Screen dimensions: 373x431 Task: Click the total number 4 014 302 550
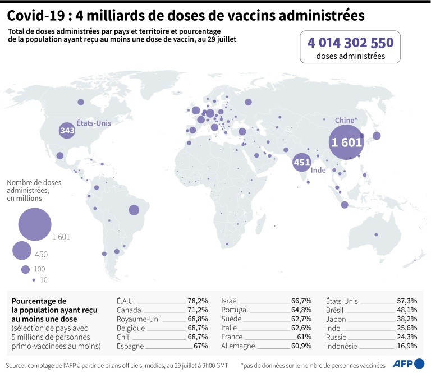(x=350, y=43)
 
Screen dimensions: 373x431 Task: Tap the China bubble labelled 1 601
(x=347, y=142)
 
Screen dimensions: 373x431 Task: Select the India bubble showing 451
(x=302, y=163)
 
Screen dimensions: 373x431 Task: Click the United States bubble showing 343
(x=67, y=131)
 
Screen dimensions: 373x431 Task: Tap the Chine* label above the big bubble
(x=346, y=119)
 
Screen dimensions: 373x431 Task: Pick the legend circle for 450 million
(x=22, y=251)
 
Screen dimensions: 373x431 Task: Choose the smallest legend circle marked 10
(x=34, y=280)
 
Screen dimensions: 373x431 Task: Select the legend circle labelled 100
(x=25, y=269)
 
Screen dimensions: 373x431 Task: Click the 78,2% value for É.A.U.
(x=197, y=301)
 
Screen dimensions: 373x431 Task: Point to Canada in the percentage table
(x=129, y=310)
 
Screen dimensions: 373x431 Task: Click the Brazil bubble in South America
(x=134, y=210)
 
